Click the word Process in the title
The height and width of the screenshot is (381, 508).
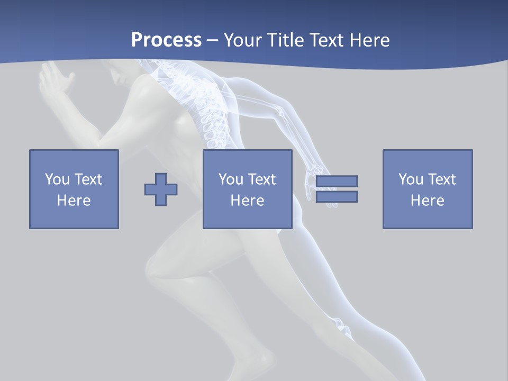(166, 40)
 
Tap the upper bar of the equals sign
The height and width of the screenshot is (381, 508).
(337, 181)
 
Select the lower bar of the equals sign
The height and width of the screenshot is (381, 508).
(337, 196)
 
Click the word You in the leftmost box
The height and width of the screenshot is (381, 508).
(57, 179)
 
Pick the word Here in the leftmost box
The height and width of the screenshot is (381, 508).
(74, 201)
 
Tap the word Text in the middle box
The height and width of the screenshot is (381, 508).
(261, 179)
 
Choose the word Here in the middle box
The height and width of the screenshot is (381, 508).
(247, 201)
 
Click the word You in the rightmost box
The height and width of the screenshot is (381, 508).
(411, 179)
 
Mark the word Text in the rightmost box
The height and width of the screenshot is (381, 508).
(441, 179)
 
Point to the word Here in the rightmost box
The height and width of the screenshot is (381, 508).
(427, 201)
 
